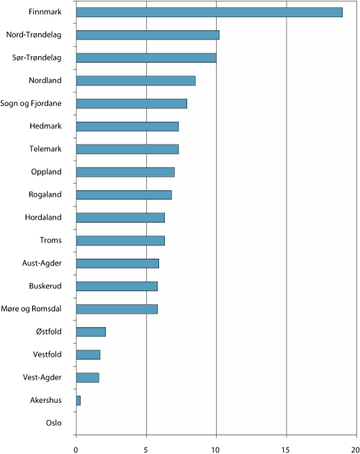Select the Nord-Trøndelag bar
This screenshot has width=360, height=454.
[x=148, y=35]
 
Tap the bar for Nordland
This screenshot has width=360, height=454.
[x=135, y=81]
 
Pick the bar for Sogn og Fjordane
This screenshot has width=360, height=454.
[x=131, y=104]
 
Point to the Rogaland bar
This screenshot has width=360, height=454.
[x=124, y=194]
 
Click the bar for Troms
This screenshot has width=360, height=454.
[x=120, y=240]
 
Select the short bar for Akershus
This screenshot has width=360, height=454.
[x=78, y=400]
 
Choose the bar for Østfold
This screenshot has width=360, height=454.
[x=91, y=332]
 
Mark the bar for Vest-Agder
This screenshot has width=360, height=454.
[x=87, y=377]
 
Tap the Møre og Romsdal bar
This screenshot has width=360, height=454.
[x=117, y=309]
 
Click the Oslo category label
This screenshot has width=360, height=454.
[x=54, y=422]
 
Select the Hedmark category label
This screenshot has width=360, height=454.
[x=45, y=127]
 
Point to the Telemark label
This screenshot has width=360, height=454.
[x=44, y=149]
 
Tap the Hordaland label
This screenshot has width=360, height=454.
[x=42, y=217]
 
